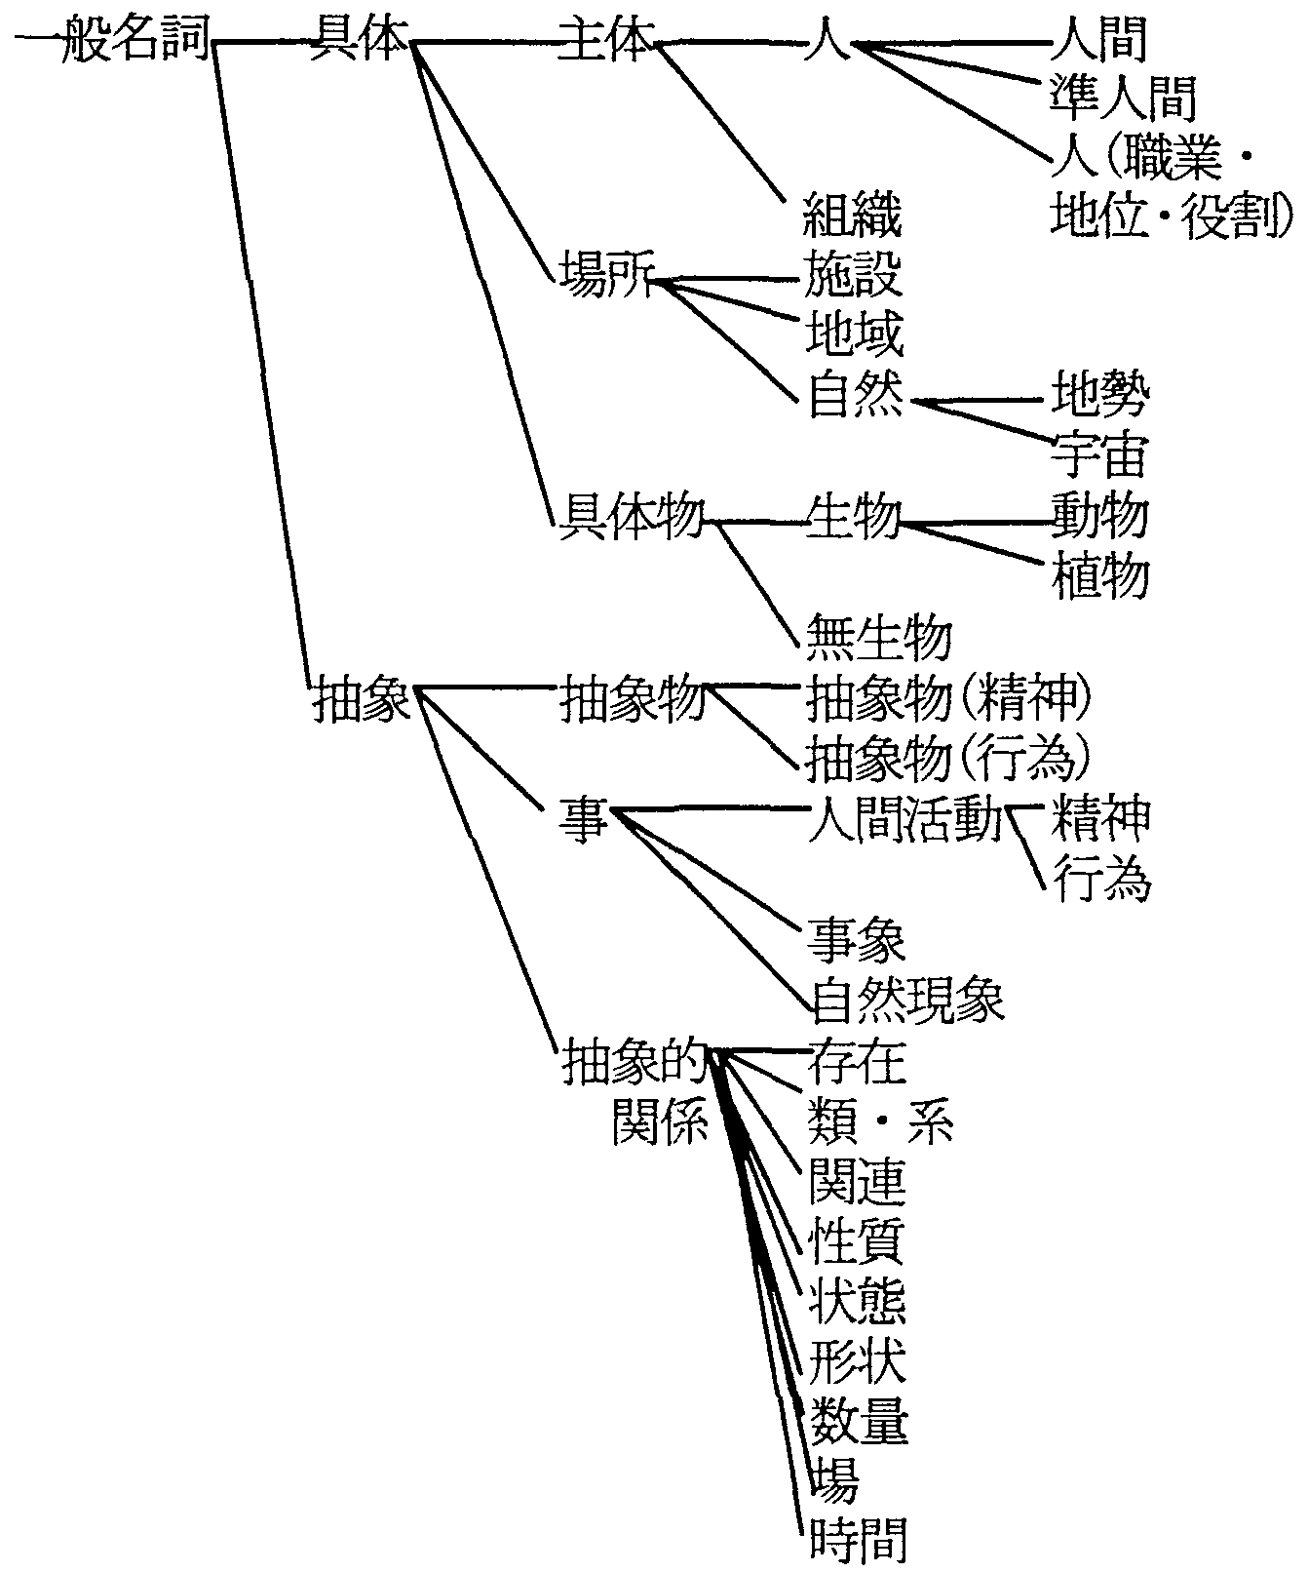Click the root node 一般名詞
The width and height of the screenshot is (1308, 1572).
click(112, 42)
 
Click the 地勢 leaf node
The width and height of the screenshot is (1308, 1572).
click(1099, 394)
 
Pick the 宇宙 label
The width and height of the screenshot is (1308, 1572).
click(1099, 453)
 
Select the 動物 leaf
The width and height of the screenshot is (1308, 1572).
click(1099, 514)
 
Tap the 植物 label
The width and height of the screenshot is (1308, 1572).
click(1099, 575)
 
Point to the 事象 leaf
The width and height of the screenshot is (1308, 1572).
click(856, 939)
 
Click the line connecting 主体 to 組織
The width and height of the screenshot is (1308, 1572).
click(721, 122)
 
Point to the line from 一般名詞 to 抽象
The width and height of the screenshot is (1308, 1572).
click(258, 361)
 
